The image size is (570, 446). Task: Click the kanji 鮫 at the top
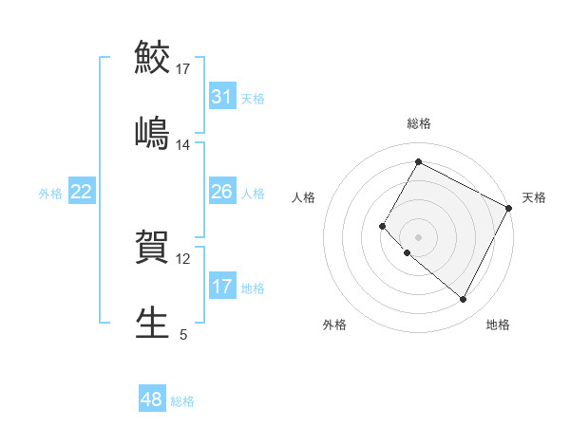coord(152,57)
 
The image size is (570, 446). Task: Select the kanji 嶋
coord(152,134)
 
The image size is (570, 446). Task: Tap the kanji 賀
coord(152,248)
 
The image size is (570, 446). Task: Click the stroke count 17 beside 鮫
coord(183,69)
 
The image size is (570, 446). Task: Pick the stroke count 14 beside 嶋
coord(183,145)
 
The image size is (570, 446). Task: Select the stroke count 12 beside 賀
coord(183,259)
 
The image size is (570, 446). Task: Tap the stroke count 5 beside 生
coord(183,334)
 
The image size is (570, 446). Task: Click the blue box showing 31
coord(221,97)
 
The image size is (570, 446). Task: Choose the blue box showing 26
coord(221,192)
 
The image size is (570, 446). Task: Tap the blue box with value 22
coord(81,192)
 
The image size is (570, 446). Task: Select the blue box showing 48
coord(151,400)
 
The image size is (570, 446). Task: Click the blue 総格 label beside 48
coord(182,401)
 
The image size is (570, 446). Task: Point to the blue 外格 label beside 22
coord(50,194)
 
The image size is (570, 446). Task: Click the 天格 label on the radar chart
coord(534,197)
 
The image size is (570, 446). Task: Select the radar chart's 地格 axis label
coord(498,325)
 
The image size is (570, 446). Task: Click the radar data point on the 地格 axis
coord(463,300)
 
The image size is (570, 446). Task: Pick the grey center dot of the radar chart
coord(418,236)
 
